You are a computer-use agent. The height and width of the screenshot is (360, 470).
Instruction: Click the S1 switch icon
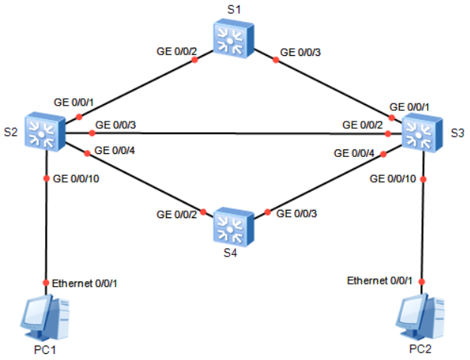(234, 38)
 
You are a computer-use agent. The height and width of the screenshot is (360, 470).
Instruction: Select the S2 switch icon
(45, 131)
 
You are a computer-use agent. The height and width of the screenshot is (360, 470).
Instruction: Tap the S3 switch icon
(422, 133)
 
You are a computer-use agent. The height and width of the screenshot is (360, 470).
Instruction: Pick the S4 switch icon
(234, 227)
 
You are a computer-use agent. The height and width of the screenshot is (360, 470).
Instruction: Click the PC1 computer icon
(45, 317)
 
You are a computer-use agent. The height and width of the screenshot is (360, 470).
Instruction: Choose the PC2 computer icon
(420, 316)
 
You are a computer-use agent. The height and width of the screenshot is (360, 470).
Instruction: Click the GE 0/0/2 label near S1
(177, 51)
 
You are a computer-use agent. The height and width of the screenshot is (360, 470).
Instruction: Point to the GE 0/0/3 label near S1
(300, 52)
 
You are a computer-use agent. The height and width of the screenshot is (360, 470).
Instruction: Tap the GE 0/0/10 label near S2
(76, 179)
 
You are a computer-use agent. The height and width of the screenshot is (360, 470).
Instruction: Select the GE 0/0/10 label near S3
(392, 179)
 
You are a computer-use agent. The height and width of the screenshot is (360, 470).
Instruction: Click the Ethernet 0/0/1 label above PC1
(84, 283)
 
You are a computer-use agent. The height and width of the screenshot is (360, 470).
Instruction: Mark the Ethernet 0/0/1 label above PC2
(379, 281)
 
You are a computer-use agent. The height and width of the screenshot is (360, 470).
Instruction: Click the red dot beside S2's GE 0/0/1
(79, 116)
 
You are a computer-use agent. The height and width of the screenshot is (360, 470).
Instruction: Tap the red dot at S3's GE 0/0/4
(383, 154)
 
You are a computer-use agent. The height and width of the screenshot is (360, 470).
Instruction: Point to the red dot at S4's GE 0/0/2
(203, 212)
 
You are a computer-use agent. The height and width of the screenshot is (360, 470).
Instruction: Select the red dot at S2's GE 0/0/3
(92, 133)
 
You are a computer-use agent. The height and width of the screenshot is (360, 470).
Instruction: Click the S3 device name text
(457, 133)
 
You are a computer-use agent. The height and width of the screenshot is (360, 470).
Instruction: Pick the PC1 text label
(45, 349)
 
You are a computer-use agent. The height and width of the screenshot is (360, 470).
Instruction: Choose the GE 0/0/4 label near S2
(115, 150)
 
